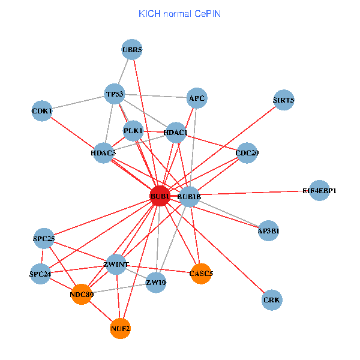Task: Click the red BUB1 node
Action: (x=160, y=196)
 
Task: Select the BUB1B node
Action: (x=189, y=197)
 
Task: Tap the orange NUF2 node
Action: (x=120, y=329)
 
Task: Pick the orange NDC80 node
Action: (x=81, y=295)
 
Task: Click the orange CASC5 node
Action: (x=201, y=274)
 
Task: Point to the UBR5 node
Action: (x=132, y=50)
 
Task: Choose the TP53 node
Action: (x=114, y=94)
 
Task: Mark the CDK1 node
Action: (x=42, y=111)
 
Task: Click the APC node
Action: (x=197, y=98)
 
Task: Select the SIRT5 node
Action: (x=283, y=100)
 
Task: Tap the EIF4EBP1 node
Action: (x=320, y=191)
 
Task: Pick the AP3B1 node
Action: (x=268, y=231)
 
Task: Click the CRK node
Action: (x=272, y=299)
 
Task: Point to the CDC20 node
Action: (x=247, y=153)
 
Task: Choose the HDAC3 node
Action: (x=104, y=153)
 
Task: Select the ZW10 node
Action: (x=156, y=283)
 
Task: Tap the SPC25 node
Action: (x=44, y=239)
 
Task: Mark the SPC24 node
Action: (x=41, y=275)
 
